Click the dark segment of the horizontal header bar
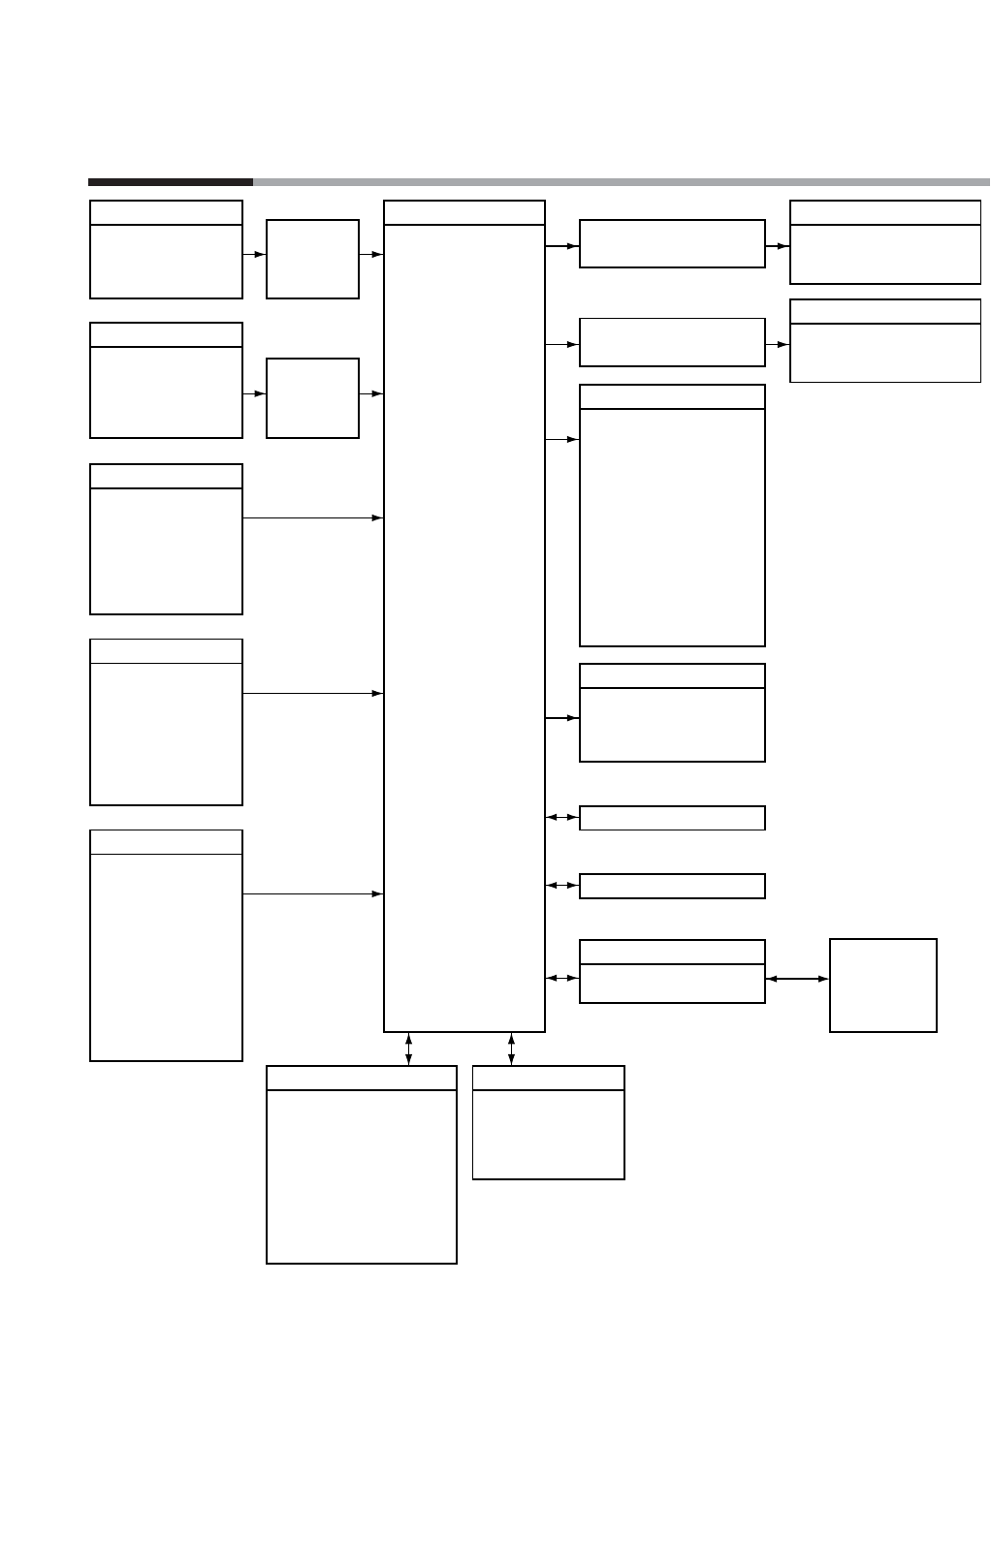click(170, 181)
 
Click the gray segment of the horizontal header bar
click(621, 181)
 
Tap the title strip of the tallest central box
click(464, 213)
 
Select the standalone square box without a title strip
click(883, 985)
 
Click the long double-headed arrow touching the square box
click(797, 979)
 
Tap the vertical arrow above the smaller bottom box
click(511, 1049)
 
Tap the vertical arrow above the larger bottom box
click(408, 1049)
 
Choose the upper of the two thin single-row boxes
click(672, 818)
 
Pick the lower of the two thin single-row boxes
click(672, 886)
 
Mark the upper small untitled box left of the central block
click(312, 259)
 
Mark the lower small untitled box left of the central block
click(312, 397)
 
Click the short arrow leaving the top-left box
click(254, 255)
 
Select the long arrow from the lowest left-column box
click(312, 893)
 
